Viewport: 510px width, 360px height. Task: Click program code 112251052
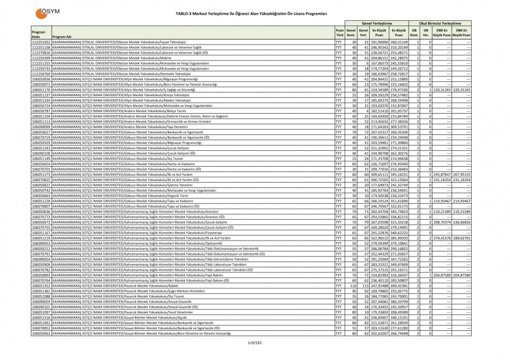(41, 41)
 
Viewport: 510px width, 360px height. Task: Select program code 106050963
(41, 333)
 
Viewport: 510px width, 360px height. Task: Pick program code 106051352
(41, 286)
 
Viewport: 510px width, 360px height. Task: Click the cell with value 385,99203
(399, 238)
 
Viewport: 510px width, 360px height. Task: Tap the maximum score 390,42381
(399, 286)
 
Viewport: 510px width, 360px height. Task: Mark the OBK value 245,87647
(441, 174)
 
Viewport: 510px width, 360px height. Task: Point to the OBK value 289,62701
(461, 238)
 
